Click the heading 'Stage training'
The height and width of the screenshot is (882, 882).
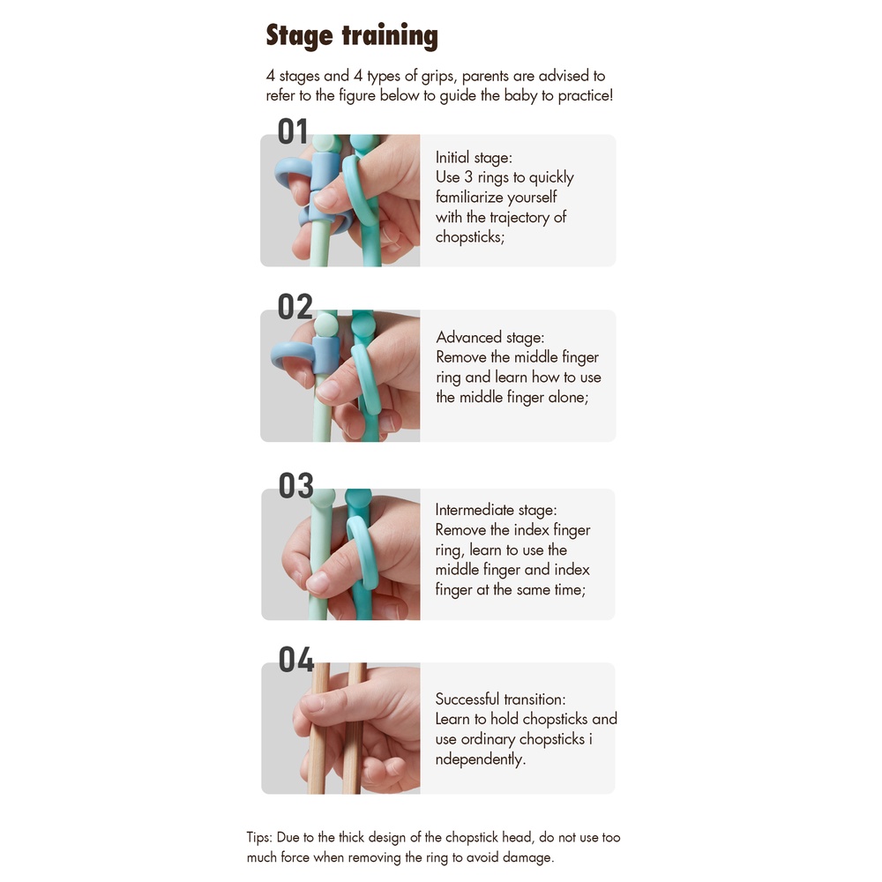click(352, 36)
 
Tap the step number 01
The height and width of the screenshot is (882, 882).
click(293, 131)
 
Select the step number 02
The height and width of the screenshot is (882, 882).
click(295, 307)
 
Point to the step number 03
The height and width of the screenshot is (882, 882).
click(295, 486)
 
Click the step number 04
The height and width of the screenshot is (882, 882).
click(295, 659)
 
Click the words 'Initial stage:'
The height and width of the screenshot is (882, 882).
click(474, 158)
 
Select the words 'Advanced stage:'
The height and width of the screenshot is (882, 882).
click(490, 337)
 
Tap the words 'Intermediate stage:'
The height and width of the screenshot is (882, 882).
click(496, 510)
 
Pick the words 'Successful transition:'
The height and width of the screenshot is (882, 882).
click(500, 699)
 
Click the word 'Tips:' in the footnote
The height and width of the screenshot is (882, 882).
click(259, 838)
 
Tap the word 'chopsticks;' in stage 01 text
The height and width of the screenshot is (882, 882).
click(470, 236)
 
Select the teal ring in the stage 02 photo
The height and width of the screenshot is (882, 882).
click(366, 379)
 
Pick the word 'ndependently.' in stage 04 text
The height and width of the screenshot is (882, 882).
click(481, 759)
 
